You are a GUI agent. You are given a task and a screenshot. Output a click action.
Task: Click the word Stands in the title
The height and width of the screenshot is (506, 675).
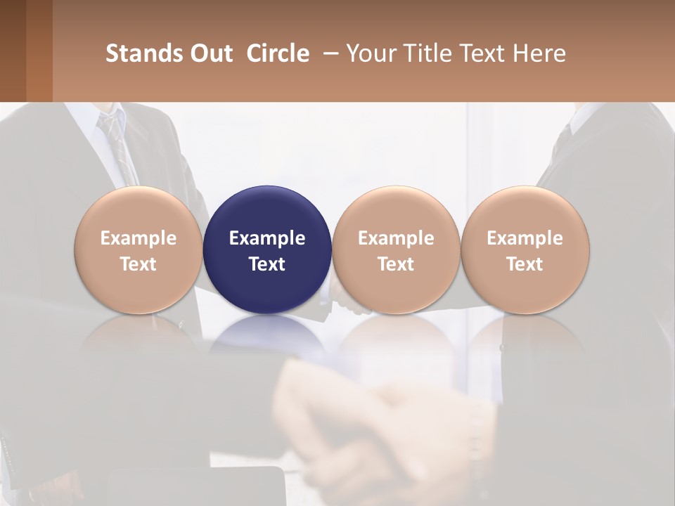(134, 53)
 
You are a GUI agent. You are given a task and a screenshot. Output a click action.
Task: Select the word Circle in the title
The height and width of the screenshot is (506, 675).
(278, 53)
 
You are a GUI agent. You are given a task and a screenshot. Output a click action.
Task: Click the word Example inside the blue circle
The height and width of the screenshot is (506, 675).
(267, 238)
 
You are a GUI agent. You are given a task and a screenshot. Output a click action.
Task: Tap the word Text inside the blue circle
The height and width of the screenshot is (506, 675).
(267, 264)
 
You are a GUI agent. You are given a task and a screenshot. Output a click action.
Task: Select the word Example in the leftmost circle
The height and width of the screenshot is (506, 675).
(139, 238)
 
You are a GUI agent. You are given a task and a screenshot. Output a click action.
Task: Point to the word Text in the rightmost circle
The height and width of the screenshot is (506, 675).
(525, 264)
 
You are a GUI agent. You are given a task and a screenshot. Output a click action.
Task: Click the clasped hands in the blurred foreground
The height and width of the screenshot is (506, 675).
(380, 429)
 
